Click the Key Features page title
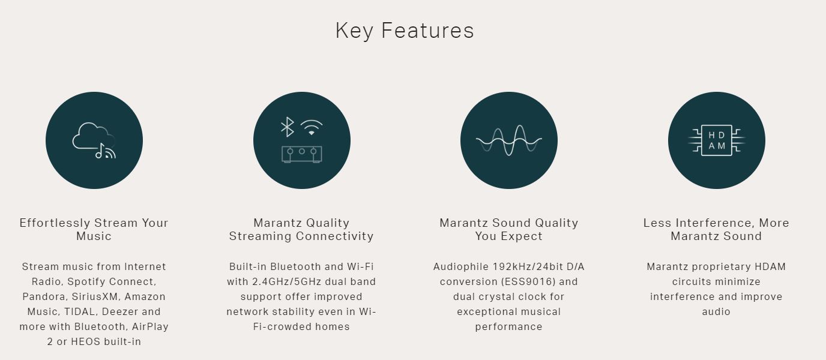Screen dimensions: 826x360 405,30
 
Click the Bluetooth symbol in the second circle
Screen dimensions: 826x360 288,127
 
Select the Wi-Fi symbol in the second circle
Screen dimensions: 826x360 312,127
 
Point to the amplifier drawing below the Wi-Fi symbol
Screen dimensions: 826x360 301,154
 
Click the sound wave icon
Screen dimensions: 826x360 509,140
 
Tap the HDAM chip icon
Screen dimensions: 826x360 717,140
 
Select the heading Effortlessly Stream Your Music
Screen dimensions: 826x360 94,229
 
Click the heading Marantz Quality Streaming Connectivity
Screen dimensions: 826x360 301,229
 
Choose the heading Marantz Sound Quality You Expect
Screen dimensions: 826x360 509,229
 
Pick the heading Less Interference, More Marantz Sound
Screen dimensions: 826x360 716,229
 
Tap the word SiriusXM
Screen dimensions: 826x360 96,296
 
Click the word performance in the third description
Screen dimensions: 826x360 509,327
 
